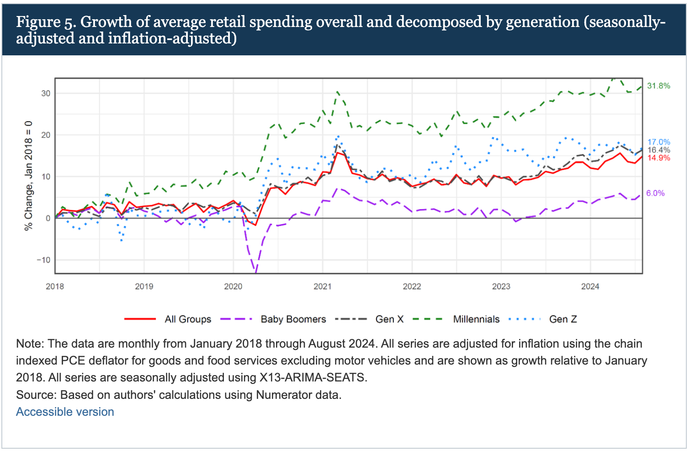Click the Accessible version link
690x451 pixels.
click(65, 412)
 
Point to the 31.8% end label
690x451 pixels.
click(658, 86)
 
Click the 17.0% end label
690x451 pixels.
click(658, 142)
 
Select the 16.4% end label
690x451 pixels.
click(658, 150)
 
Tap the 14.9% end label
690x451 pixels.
click(658, 158)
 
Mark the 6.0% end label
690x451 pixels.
click(655, 193)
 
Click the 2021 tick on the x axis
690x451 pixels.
click(322, 286)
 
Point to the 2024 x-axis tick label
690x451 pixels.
click(590, 286)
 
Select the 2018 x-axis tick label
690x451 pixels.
click(55, 286)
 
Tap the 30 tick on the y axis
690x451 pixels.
click(46, 93)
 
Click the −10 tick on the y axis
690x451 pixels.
click(44, 260)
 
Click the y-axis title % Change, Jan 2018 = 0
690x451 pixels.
click(29, 176)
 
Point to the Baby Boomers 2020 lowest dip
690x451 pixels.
click(255, 272)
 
